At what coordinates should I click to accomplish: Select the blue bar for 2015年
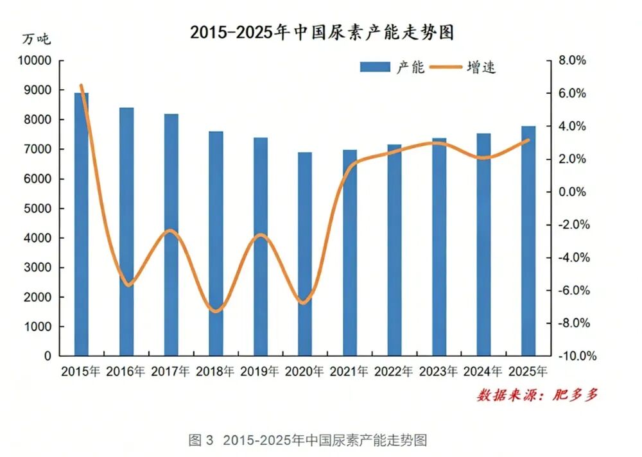(82, 225)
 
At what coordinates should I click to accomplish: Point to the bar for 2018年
(216, 244)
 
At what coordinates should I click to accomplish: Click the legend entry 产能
(392, 67)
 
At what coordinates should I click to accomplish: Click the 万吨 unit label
(36, 39)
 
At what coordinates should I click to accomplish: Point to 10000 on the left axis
(33, 61)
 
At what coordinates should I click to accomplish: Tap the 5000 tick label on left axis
(37, 209)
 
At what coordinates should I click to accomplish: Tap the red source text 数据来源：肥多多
(537, 395)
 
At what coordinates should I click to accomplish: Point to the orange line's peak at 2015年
(81, 85)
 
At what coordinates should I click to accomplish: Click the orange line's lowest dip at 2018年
(216, 311)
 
